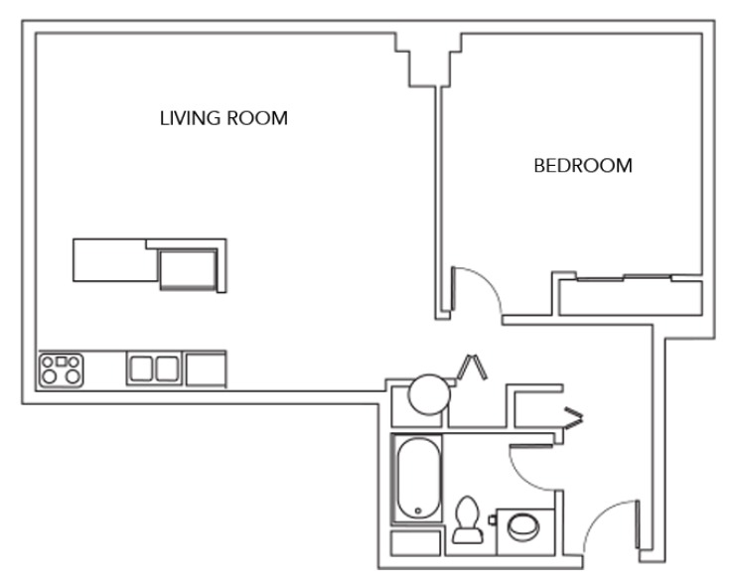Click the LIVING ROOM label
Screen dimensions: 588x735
[223, 118]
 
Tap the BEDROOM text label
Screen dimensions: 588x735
[583, 166]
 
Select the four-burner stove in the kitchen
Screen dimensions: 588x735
[63, 368]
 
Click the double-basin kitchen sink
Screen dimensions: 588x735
[154, 368]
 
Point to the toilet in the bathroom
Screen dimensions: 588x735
[465, 521]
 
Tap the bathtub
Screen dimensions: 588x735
[417, 478]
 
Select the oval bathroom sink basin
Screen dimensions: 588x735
[520, 526]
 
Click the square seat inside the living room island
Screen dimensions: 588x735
[188, 267]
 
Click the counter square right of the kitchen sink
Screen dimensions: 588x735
[206, 368]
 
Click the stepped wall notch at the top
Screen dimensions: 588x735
[429, 62]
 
